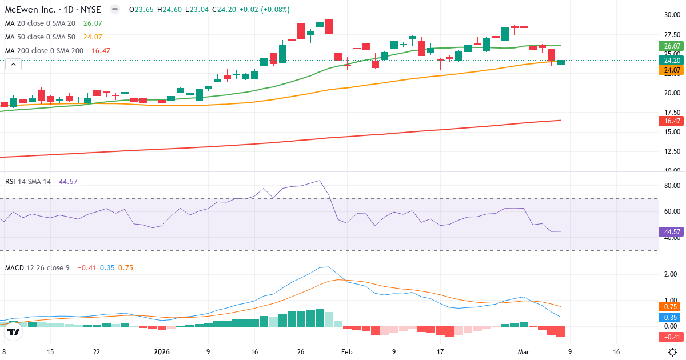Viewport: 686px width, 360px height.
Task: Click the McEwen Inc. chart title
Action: pos(53,10)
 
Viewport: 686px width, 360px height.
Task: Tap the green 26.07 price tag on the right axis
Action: pos(672,46)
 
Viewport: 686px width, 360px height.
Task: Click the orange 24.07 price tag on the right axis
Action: pos(672,70)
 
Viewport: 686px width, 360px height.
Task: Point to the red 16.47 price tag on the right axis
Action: pos(672,121)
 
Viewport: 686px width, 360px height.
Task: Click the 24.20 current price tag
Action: pos(672,61)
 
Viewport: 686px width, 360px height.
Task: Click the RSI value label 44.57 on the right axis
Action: pos(672,232)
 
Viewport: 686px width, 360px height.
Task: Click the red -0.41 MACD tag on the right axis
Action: pos(672,337)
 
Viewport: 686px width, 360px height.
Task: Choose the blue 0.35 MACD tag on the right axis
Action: pos(672,317)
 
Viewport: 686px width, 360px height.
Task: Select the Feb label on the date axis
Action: pos(346,352)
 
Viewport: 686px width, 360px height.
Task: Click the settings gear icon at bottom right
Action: pos(673,352)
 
